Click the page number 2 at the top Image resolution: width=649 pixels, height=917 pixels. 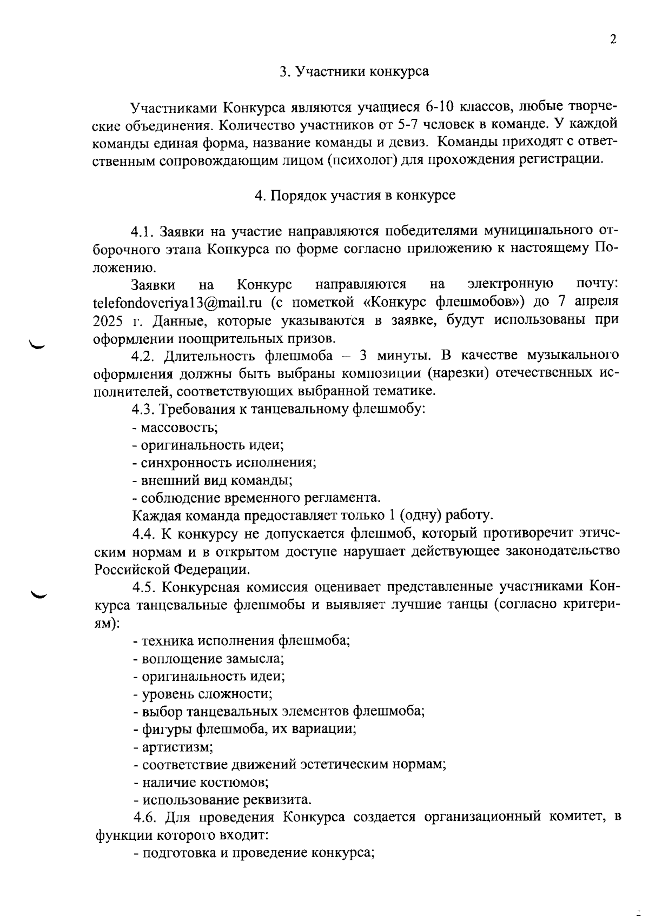[x=613, y=39]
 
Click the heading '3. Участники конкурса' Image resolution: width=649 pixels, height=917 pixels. [x=354, y=71]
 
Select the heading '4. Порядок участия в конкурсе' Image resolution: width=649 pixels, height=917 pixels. [x=355, y=195]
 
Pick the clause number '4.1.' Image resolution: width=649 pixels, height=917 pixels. [x=143, y=231]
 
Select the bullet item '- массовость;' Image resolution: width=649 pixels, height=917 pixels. [x=175, y=427]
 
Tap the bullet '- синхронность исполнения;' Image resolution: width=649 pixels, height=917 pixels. [x=224, y=463]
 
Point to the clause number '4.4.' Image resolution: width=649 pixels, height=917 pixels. [x=144, y=534]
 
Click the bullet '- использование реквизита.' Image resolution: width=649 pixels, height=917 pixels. [x=222, y=800]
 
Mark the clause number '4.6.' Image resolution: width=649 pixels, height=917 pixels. [x=145, y=816]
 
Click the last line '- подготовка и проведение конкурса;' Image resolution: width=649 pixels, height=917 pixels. [x=254, y=853]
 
